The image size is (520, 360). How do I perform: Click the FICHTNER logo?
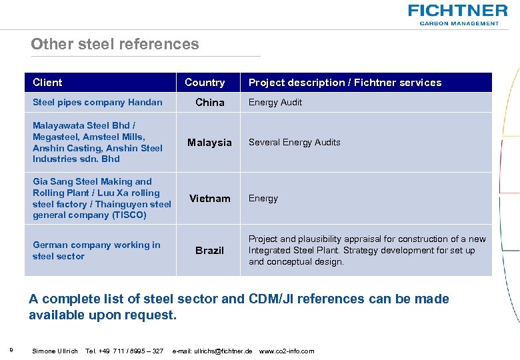[x=457, y=13]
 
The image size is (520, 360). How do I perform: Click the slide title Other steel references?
[x=115, y=44]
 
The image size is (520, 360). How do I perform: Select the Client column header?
[x=47, y=83]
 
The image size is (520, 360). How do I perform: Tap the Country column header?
[x=205, y=83]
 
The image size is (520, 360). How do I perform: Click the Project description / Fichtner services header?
[x=345, y=83]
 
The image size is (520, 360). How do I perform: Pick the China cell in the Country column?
[x=209, y=103]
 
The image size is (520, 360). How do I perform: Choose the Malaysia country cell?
[x=209, y=143]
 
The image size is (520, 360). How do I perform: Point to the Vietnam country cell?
[x=209, y=199]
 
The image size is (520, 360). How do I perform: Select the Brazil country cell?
[x=209, y=251]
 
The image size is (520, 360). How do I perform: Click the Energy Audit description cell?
[x=275, y=103]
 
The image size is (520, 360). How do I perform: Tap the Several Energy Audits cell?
[x=294, y=143]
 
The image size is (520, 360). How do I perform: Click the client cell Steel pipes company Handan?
[x=97, y=103]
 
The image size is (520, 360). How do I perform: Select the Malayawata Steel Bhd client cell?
[x=97, y=142]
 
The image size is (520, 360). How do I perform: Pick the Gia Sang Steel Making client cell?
[x=101, y=198]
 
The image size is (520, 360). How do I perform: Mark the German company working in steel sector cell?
[x=96, y=251]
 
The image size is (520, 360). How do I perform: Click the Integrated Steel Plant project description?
[x=367, y=251]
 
